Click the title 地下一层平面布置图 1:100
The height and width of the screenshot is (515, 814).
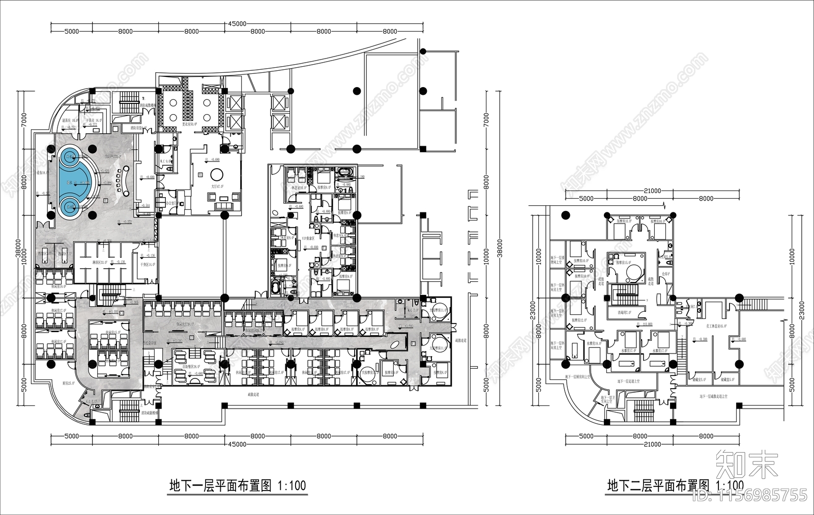click(238, 485)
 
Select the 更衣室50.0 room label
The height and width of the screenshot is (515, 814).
click(190, 124)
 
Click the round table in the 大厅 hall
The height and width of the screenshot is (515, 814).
click(217, 173)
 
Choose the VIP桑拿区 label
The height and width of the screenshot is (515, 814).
click(311, 238)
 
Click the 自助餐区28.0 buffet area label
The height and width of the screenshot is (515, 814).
click(193, 366)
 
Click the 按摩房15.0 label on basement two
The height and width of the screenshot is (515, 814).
click(624, 263)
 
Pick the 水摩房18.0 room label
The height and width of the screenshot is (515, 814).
click(594, 343)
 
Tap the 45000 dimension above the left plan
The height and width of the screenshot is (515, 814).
click(238, 23)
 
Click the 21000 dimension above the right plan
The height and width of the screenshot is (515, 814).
click(652, 191)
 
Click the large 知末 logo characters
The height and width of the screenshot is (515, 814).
click(747, 464)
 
